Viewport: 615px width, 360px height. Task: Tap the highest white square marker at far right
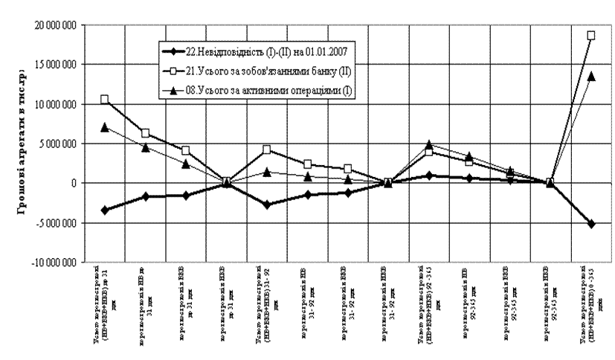(591, 35)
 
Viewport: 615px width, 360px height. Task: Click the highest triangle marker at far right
(591, 76)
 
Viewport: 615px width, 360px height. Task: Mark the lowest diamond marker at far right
(591, 223)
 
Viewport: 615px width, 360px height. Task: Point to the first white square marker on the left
(105, 99)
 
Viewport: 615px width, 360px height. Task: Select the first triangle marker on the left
(105, 127)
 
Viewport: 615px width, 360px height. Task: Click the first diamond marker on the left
(105, 210)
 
